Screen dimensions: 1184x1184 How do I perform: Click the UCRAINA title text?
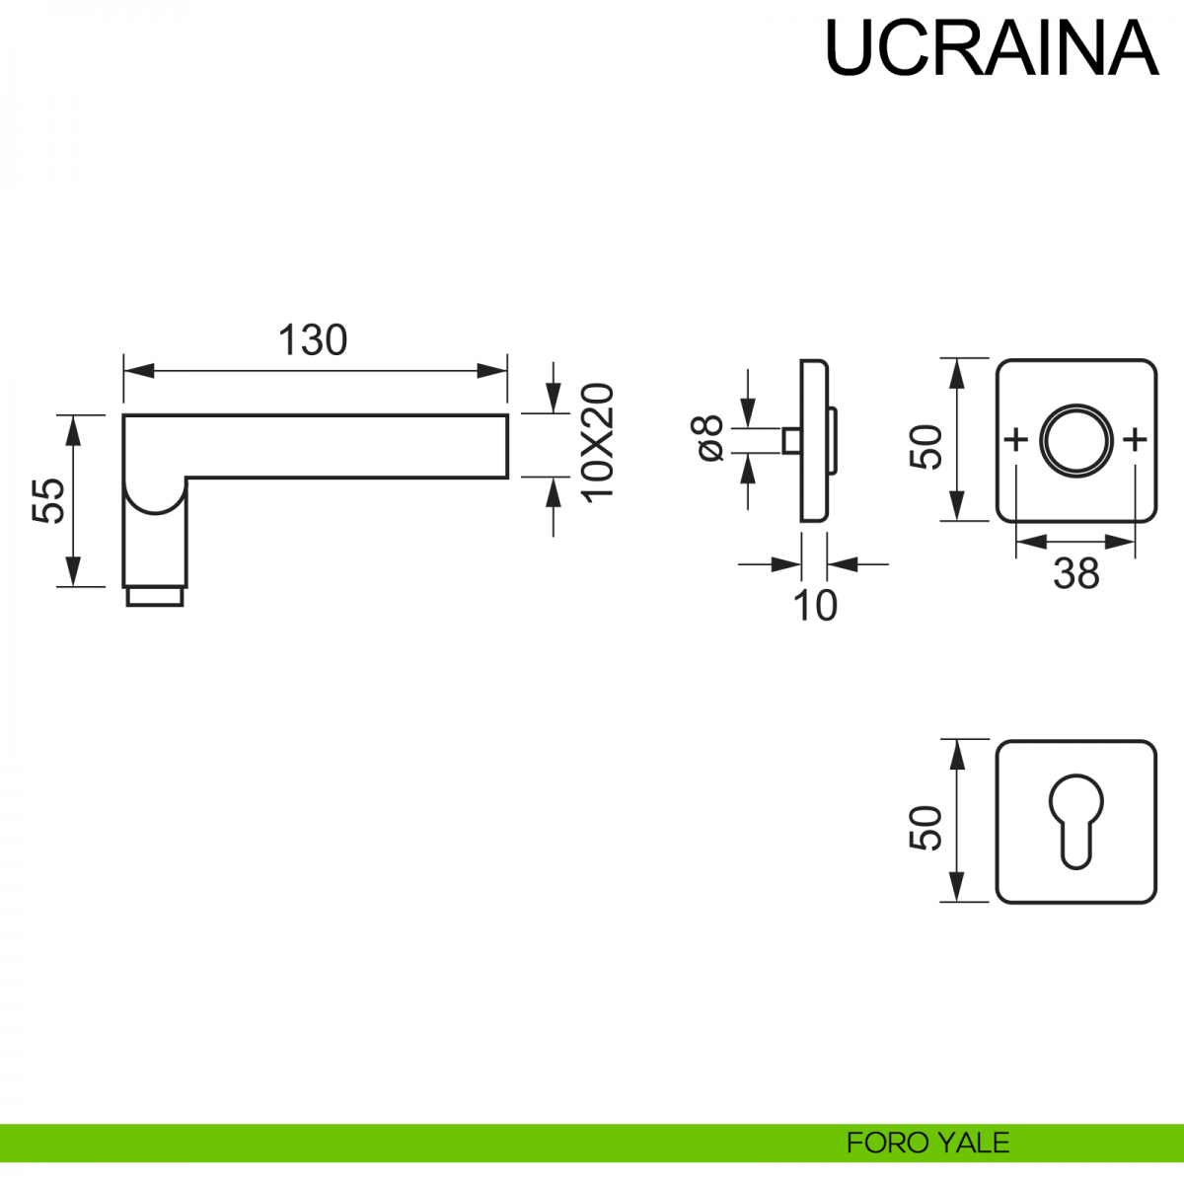coord(991,47)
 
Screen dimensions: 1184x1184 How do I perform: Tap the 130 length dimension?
coord(313,340)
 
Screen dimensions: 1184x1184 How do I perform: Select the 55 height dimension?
coord(48,500)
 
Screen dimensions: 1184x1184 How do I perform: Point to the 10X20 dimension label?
coord(598,442)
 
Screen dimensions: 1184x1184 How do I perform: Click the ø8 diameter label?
coord(709,439)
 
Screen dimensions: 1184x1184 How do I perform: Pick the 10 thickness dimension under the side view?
coord(815,605)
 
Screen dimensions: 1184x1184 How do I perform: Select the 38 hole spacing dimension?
coord(1075,573)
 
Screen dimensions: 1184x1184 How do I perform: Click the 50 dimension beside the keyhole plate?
coord(926,828)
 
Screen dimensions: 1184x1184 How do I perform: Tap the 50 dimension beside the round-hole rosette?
coord(926,447)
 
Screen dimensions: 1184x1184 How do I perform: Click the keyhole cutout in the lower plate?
coord(1075,821)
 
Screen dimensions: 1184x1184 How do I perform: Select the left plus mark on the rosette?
coord(1015,439)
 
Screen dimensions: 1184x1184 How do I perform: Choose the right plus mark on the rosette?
coord(1136,439)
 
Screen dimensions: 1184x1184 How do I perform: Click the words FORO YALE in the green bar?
coord(927,1143)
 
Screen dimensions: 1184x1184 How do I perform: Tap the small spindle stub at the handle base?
coord(155,596)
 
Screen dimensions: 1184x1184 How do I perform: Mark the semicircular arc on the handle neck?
coord(155,503)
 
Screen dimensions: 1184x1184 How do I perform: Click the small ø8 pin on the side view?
coord(790,440)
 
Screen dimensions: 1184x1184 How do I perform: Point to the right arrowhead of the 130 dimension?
coord(493,371)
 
